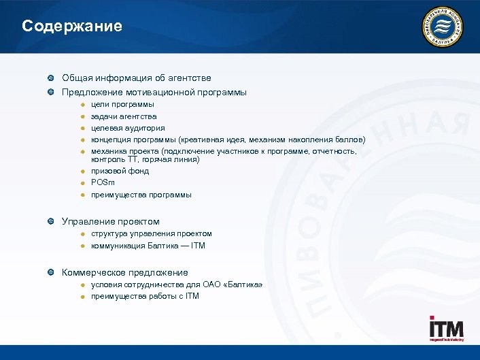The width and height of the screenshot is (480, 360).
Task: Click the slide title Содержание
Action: pyautogui.click(x=72, y=27)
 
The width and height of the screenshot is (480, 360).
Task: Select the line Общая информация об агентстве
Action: pyautogui.click(x=136, y=78)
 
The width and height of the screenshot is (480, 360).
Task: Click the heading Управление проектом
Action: pyautogui.click(x=111, y=221)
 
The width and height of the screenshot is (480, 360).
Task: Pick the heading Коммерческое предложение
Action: pyautogui.click(x=125, y=272)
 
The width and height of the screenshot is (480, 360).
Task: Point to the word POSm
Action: pyautogui.click(x=103, y=182)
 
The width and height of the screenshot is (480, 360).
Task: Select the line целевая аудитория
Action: pyautogui.click(x=128, y=128)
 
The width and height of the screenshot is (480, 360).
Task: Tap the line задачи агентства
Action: pyautogui.click(x=124, y=116)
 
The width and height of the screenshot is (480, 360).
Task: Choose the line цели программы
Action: pyautogui.click(x=122, y=104)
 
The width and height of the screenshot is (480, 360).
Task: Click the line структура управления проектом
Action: pyautogui.click(x=152, y=233)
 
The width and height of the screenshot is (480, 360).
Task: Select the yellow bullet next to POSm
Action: pyautogui.click(x=81, y=182)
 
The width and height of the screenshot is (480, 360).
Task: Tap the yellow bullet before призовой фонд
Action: pyautogui.click(x=81, y=171)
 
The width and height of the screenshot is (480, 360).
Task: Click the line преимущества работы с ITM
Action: pyautogui.click(x=145, y=296)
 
